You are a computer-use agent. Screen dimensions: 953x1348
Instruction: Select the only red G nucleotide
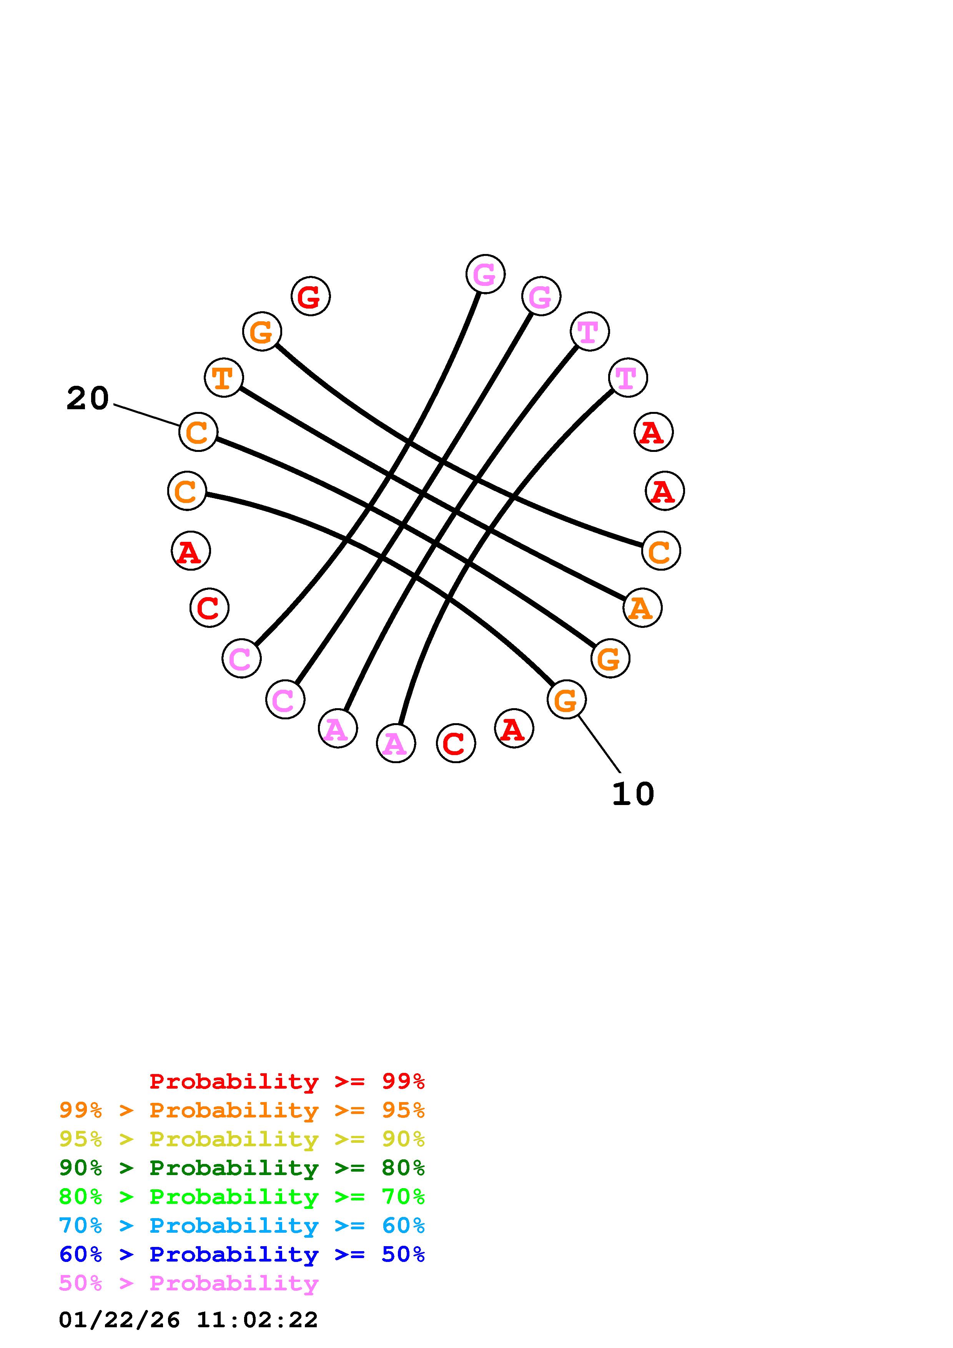[311, 296]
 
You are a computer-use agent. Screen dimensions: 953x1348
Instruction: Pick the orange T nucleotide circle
[223, 377]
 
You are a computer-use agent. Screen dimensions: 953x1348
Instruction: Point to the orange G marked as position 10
[566, 699]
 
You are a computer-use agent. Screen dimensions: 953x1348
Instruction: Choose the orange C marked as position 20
[198, 432]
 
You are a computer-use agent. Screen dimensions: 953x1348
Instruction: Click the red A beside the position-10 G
[514, 729]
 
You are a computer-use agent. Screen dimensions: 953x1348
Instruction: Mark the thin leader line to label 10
[599, 744]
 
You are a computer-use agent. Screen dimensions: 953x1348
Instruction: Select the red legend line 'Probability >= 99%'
[287, 1081]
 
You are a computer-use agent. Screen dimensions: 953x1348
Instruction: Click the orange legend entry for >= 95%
[242, 1110]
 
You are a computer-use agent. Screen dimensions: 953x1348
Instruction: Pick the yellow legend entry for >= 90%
[242, 1139]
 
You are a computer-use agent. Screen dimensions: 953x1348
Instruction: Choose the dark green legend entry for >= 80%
[242, 1168]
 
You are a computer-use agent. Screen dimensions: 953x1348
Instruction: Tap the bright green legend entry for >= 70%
[242, 1197]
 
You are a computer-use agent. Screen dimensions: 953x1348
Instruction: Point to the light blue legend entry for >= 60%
[242, 1225]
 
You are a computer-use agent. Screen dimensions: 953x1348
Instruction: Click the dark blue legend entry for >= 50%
[242, 1254]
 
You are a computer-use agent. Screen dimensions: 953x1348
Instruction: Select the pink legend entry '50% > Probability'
[188, 1283]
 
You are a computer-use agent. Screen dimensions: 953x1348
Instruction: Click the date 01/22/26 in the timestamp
[119, 1319]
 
